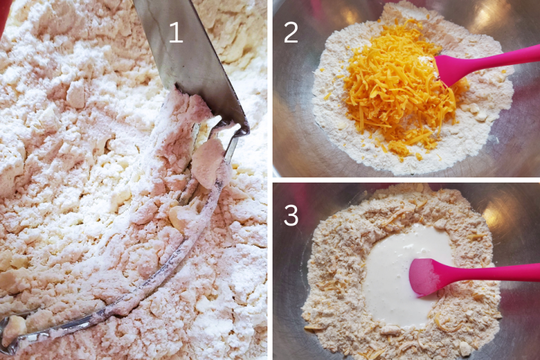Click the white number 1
(x=175, y=32)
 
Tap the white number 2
(x=291, y=32)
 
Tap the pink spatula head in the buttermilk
(x=426, y=276)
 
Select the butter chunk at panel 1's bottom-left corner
(x=13, y=327)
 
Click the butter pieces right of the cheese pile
(x=477, y=112)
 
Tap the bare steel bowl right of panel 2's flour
(x=520, y=131)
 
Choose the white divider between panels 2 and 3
(x=406, y=180)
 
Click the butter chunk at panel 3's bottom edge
(x=465, y=348)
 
